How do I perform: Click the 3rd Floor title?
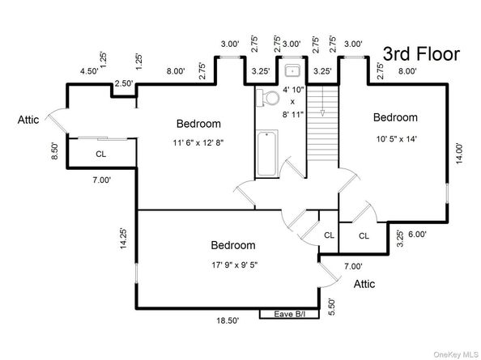point(421,54)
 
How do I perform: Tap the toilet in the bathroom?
point(268,98)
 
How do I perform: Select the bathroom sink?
point(292,70)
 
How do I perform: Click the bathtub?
point(267,153)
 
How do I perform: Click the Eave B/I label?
point(290,314)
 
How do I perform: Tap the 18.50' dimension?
point(228,321)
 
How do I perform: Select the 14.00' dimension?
point(459,154)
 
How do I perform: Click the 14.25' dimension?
point(123,239)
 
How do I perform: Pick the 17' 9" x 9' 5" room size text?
point(234,265)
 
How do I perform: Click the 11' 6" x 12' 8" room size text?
point(198,142)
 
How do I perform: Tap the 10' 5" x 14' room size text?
point(396,139)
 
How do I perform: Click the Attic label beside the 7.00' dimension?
point(364,284)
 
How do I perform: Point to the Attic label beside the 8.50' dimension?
point(28,120)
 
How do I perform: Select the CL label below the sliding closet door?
point(101,154)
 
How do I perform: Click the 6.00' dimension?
point(417,234)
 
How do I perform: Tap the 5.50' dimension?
point(332,307)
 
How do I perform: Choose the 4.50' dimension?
point(89,71)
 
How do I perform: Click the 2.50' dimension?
point(124,83)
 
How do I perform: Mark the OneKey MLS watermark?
point(456,355)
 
